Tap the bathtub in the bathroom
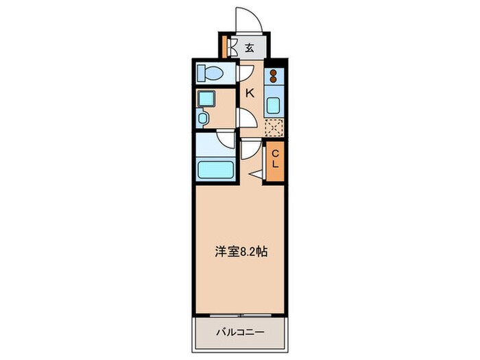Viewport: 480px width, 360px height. (x=216, y=167)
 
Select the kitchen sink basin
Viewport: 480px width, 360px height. (x=274, y=106)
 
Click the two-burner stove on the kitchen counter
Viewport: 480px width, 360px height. (x=273, y=77)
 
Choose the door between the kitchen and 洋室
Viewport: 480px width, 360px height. (x=250, y=149)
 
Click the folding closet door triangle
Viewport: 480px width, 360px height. (x=258, y=175)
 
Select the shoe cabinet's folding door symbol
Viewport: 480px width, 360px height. (x=235, y=49)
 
